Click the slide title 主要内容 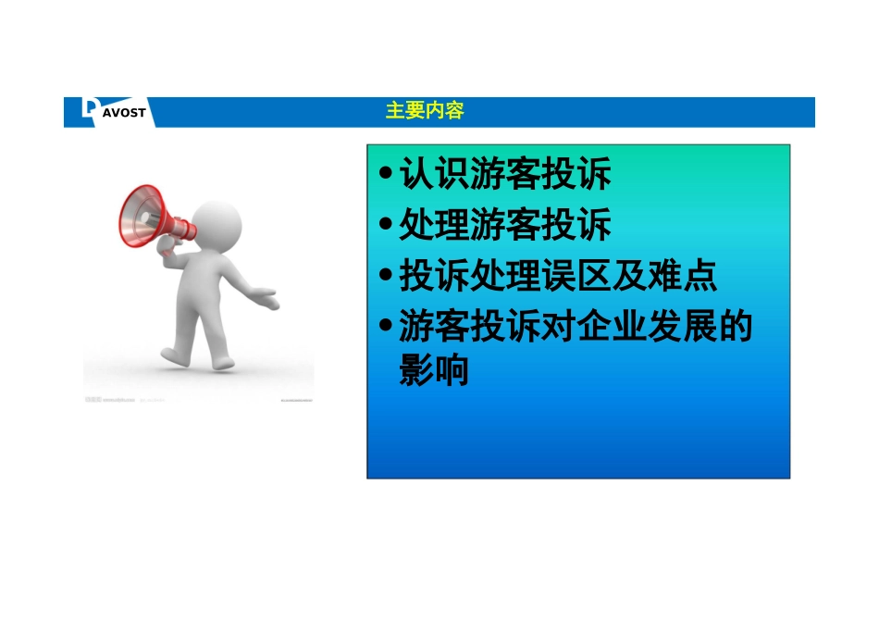425,111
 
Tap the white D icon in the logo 89,109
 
